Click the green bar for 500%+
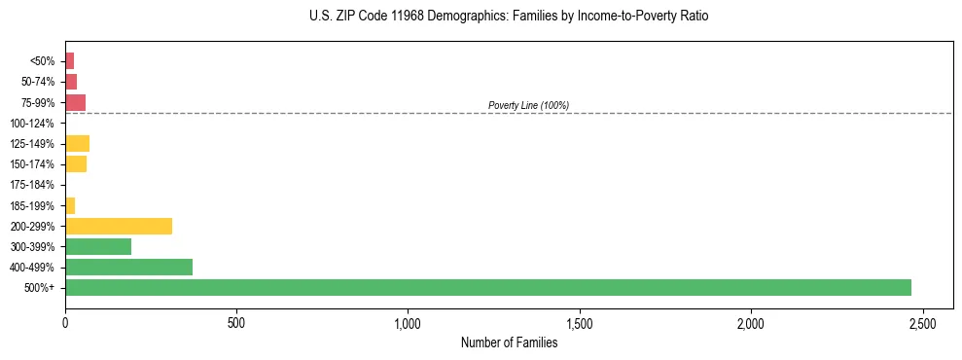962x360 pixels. coord(487,287)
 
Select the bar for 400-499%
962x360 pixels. coord(128,267)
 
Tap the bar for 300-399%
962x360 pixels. coord(98,246)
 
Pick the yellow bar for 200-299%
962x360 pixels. coord(119,226)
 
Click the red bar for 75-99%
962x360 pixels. coord(75,102)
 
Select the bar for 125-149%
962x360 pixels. coord(77,144)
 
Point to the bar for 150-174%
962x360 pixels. coord(76,164)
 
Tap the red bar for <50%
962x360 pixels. coord(69,61)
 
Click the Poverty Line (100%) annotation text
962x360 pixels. coord(528,105)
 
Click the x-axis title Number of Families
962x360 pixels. coord(509,342)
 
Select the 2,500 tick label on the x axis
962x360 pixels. coord(922,322)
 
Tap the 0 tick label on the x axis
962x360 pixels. coord(65,322)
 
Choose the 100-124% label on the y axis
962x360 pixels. coord(32,124)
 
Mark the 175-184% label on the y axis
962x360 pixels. coord(32,185)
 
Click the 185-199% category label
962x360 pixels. coord(32,205)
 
